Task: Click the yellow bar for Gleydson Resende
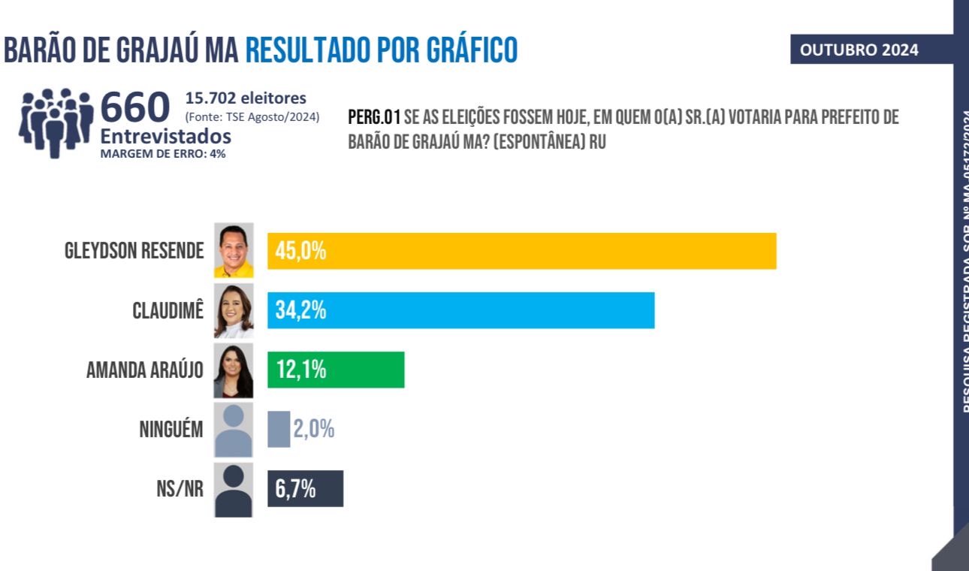click(x=521, y=251)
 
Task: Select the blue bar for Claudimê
click(x=460, y=310)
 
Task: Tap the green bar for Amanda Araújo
click(x=336, y=370)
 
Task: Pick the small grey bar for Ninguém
click(x=279, y=430)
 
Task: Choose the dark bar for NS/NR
click(x=305, y=488)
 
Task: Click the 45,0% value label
click(x=300, y=251)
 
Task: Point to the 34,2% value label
click(x=300, y=310)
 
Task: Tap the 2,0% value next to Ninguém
click(x=313, y=430)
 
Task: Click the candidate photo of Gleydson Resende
click(x=234, y=250)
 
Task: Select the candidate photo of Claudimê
click(x=234, y=310)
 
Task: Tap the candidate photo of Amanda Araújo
click(x=234, y=370)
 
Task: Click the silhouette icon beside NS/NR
click(x=234, y=490)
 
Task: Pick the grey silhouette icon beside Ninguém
click(x=234, y=430)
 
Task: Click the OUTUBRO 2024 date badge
click(x=859, y=50)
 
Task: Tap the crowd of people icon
click(x=56, y=122)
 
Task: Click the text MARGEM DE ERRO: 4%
click(x=163, y=153)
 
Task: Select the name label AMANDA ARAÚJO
click(x=145, y=370)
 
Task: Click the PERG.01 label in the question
click(x=374, y=118)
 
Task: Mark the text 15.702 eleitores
click(x=246, y=98)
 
